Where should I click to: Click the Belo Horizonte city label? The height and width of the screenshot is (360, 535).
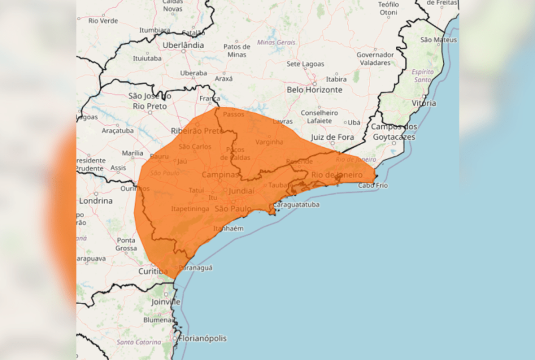pyautogui.click(x=314, y=89)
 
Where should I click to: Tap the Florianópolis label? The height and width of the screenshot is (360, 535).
pyautogui.click(x=202, y=338)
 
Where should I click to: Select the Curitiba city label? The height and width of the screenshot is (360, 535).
pyautogui.click(x=153, y=271)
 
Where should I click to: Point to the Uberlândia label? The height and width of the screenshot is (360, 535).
pyautogui.click(x=183, y=45)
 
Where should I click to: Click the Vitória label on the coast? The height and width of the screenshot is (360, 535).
pyautogui.click(x=424, y=103)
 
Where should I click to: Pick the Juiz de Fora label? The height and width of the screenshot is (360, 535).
pyautogui.click(x=332, y=137)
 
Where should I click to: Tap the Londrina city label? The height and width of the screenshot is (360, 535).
pyautogui.click(x=96, y=201)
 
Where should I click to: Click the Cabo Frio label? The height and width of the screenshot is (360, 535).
pyautogui.click(x=373, y=185)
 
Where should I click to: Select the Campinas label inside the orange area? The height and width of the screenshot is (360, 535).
pyautogui.click(x=220, y=175)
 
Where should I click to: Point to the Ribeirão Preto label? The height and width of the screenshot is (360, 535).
pyautogui.click(x=196, y=131)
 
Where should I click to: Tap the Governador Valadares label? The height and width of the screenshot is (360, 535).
pyautogui.click(x=374, y=58)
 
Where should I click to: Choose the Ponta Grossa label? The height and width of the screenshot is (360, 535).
pyautogui.click(x=126, y=244)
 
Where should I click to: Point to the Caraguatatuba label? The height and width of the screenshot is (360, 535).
pyautogui.click(x=296, y=205)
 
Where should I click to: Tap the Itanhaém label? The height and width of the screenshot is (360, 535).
pyautogui.click(x=229, y=228)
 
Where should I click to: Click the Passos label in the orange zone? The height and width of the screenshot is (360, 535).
pyautogui.click(x=233, y=114)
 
